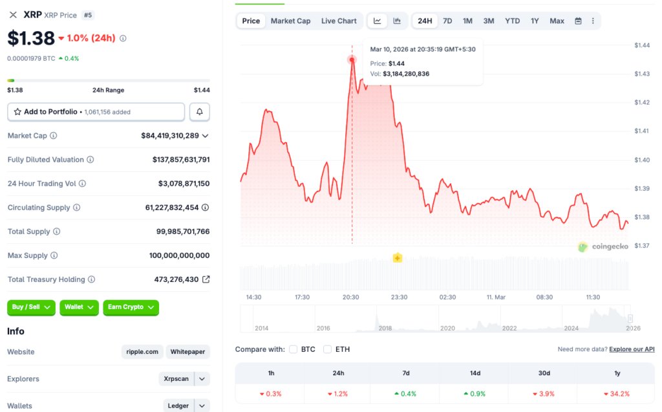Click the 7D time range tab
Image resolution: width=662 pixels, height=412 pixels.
click(x=447, y=21)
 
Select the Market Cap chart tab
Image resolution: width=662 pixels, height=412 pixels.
click(x=290, y=21)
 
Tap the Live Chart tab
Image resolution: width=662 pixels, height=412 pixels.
click(x=339, y=21)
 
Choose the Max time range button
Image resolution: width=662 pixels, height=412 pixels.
click(x=557, y=21)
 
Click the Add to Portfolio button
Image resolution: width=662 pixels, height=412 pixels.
click(x=96, y=112)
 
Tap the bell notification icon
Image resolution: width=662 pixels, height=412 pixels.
click(x=199, y=112)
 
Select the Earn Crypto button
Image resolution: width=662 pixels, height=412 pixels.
click(x=131, y=307)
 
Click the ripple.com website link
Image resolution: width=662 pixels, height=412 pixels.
click(x=142, y=352)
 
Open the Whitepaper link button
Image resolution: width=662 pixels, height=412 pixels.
click(x=187, y=352)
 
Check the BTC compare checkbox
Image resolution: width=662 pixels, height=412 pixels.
click(x=294, y=349)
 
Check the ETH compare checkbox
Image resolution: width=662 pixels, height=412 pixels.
click(x=328, y=349)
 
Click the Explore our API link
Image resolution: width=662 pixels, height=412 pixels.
click(x=632, y=349)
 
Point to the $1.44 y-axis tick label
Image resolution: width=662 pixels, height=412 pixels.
click(x=642, y=45)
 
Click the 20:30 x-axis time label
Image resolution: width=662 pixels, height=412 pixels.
click(x=350, y=297)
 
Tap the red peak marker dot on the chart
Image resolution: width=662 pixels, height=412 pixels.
click(x=352, y=60)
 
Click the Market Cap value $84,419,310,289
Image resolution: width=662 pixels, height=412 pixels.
click(x=170, y=136)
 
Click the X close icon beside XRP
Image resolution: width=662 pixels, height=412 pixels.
click(x=13, y=15)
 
